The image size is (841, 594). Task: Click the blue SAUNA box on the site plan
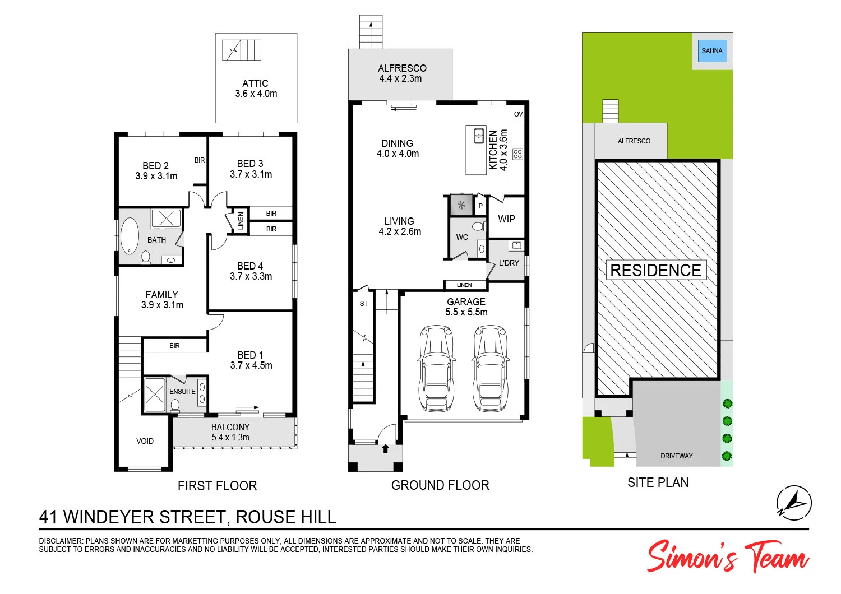coord(712,51)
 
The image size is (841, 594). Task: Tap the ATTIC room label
coord(255,83)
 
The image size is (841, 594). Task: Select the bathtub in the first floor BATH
coord(130,236)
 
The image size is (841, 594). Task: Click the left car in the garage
coord(436,368)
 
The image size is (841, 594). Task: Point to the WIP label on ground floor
coord(506,219)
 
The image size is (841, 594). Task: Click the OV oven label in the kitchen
coord(518,114)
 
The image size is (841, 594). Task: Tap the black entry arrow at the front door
coord(386,448)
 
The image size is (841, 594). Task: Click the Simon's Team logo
coord(727,556)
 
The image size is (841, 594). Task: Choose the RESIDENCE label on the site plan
coord(655,271)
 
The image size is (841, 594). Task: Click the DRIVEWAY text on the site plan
coord(676,456)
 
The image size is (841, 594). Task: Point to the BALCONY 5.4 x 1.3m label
coord(230,432)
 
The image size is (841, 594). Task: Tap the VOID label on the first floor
coord(145,441)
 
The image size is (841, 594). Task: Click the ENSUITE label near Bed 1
coord(182,392)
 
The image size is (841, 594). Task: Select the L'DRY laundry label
coord(509,263)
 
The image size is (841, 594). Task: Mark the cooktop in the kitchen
coord(517,154)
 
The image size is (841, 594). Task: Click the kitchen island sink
coord(479,136)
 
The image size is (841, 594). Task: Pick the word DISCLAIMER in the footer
coord(61,541)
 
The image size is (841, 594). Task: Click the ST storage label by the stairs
coord(364,304)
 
